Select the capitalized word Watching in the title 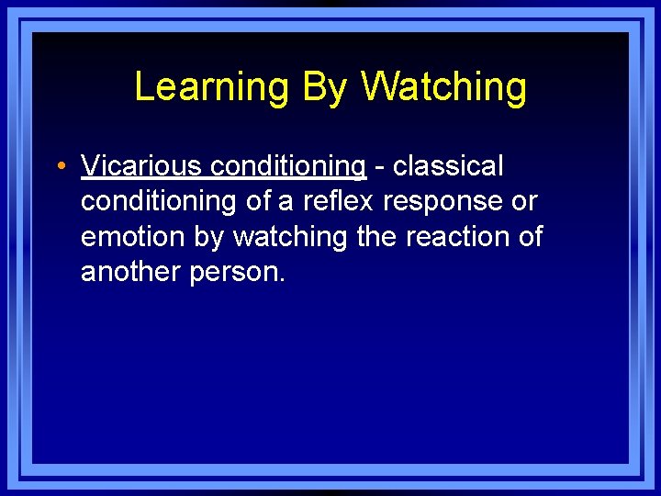click(x=443, y=87)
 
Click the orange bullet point click(x=59, y=167)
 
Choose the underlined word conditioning click(x=288, y=166)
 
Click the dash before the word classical click(x=379, y=167)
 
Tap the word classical click(x=448, y=166)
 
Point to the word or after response click(x=524, y=202)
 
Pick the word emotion click(x=133, y=236)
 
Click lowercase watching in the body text click(x=290, y=236)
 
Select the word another click(x=131, y=272)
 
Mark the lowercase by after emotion click(x=208, y=237)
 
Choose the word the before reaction click(x=375, y=236)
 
